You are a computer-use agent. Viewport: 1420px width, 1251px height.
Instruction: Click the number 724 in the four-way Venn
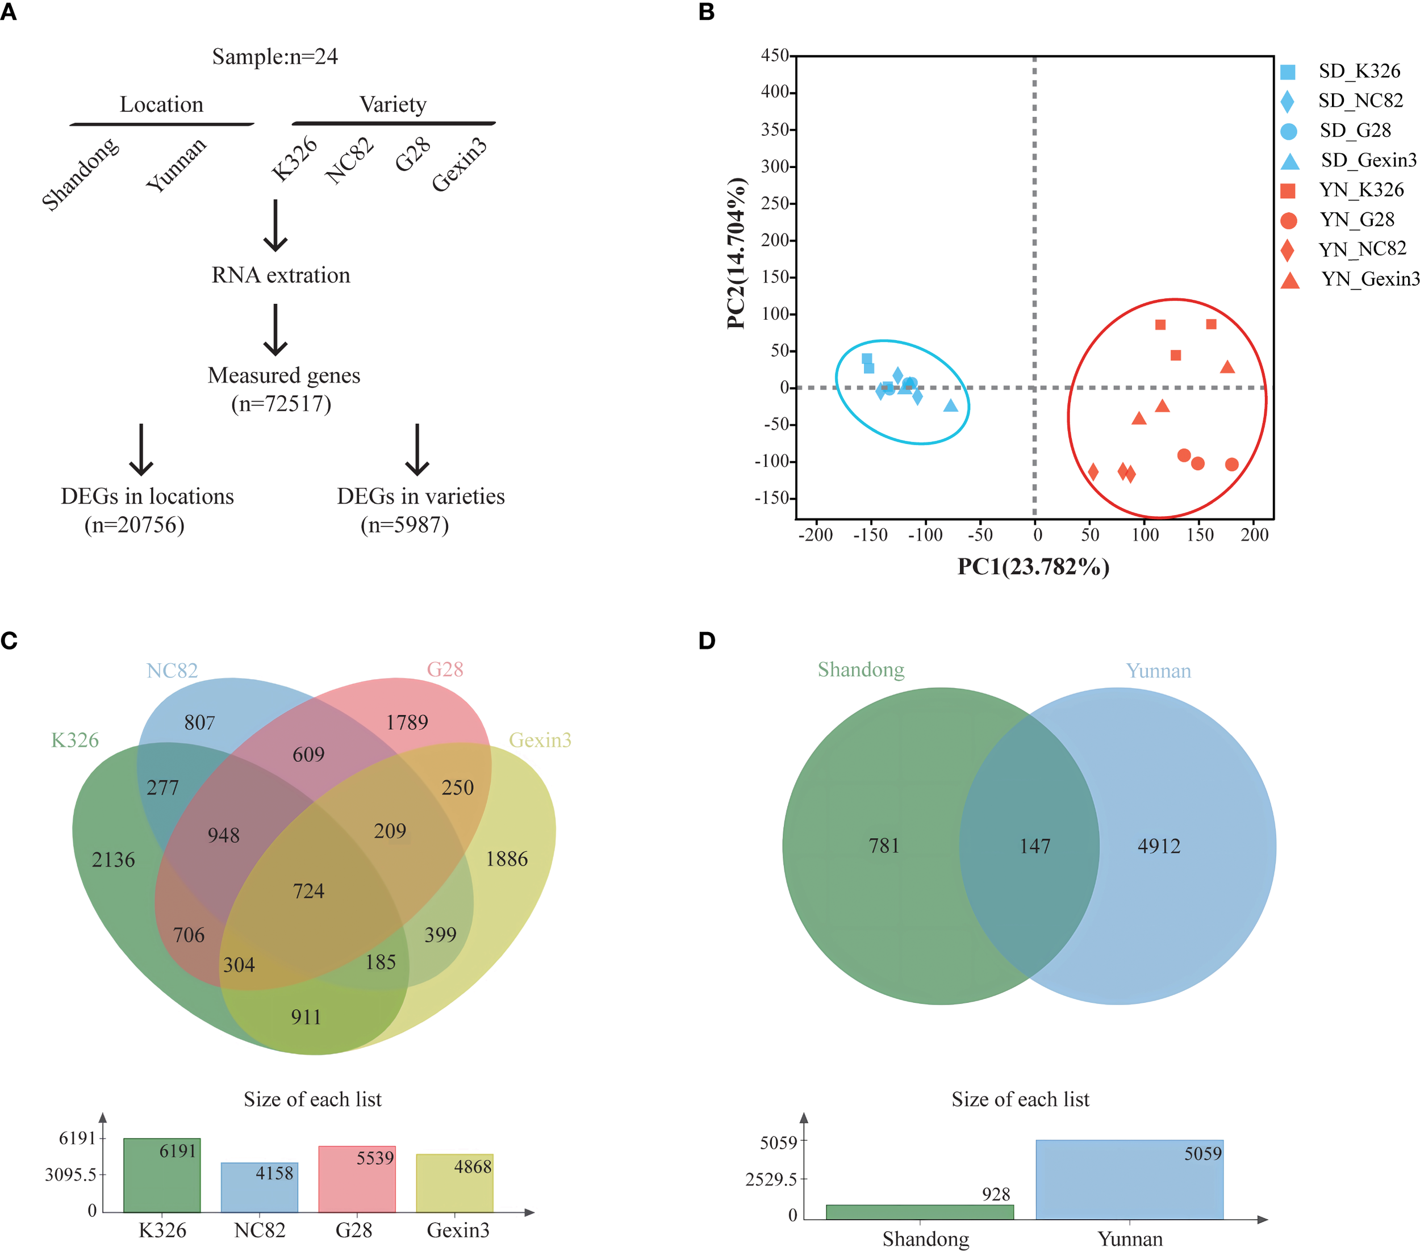coord(308,891)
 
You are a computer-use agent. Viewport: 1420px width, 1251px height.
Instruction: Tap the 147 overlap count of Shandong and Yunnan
coord(1034,846)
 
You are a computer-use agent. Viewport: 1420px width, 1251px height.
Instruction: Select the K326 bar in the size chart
coord(162,1175)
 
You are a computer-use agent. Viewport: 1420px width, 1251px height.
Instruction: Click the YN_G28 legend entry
coord(1356,220)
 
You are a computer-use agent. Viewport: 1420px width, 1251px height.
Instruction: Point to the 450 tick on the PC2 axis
coord(775,56)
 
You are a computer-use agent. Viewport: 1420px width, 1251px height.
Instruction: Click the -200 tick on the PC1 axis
coord(816,535)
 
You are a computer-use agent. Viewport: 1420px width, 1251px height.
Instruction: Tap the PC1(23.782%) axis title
coord(1033,567)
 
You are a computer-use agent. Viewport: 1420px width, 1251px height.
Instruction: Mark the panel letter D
coord(707,641)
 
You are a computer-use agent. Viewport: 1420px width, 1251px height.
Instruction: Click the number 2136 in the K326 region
coord(113,860)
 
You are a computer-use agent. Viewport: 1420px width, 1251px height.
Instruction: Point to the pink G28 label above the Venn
coord(445,670)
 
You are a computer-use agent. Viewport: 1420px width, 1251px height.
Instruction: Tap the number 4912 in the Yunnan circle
coord(1159,846)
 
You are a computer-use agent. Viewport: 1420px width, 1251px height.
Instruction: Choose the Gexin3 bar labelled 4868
coord(454,1183)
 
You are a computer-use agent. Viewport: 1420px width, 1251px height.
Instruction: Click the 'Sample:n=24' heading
coord(275,57)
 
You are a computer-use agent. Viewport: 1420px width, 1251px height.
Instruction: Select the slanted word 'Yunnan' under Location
coord(176,165)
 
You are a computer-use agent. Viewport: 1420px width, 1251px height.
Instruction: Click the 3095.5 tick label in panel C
coord(72,1174)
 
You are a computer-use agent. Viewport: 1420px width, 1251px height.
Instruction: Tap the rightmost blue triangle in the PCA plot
coord(950,405)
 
